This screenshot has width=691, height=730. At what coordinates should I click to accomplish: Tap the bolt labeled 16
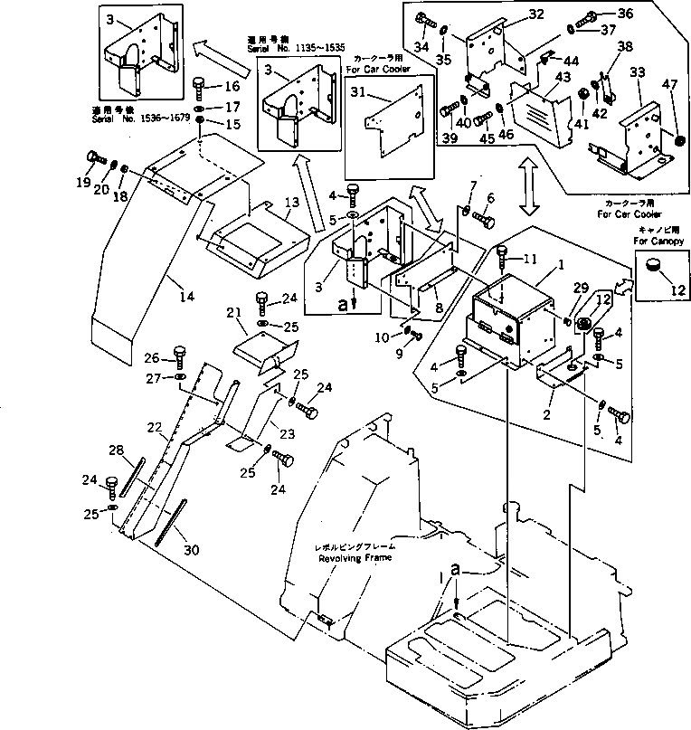(x=198, y=89)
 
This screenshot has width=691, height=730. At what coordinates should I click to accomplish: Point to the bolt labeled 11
(x=504, y=259)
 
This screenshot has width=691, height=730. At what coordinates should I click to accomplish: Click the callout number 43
(x=563, y=78)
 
